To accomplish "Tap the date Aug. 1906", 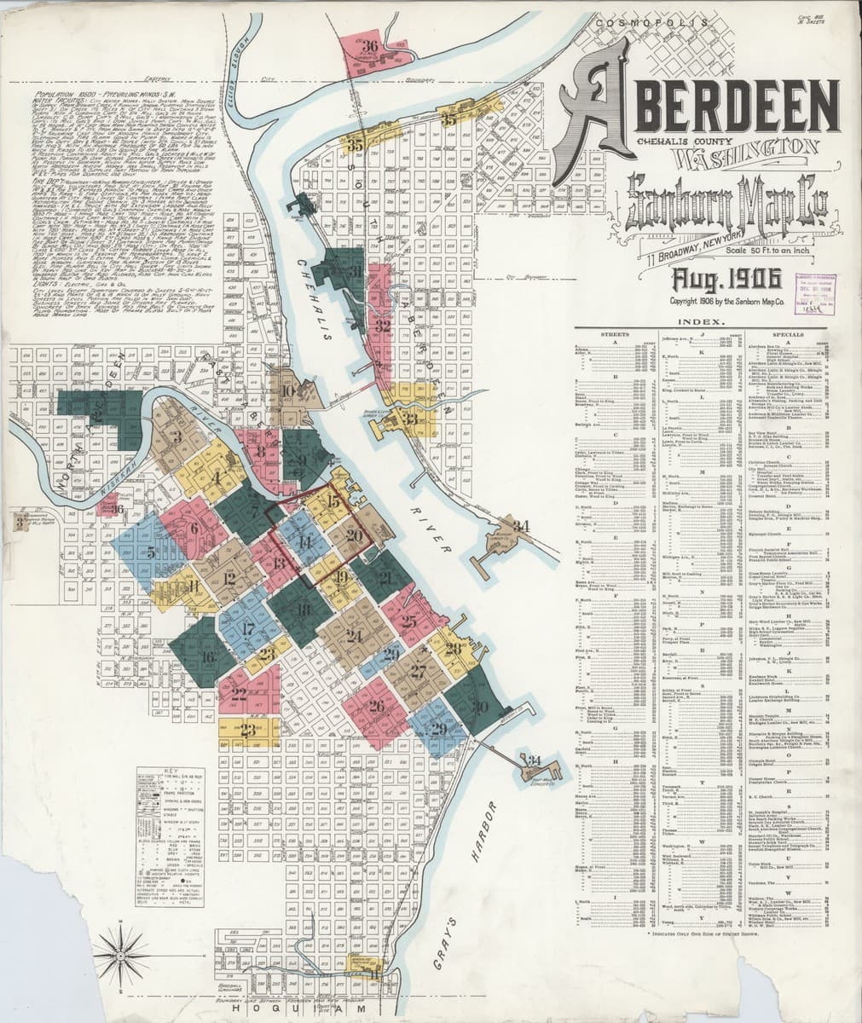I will (709, 278).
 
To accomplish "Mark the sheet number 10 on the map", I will (287, 391).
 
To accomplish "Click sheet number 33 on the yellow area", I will (412, 419).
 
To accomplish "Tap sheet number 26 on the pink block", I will (375, 706).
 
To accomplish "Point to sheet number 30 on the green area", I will (480, 707).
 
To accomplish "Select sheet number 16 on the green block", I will (207, 656).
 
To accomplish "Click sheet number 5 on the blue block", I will (151, 552).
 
